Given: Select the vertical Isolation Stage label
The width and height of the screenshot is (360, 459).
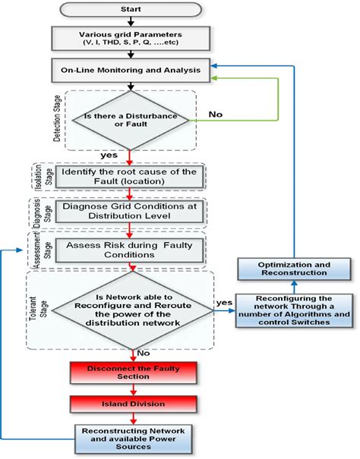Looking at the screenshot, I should coord(39,177).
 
